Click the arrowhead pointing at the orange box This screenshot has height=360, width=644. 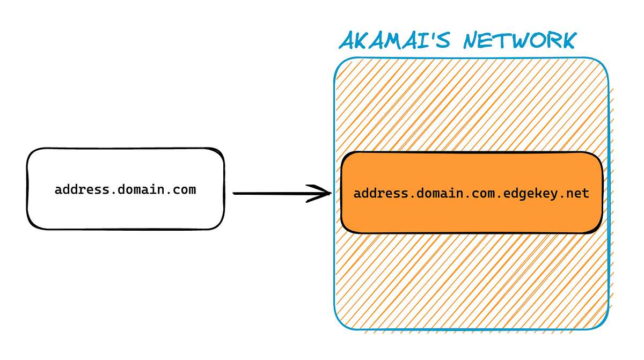click(x=324, y=193)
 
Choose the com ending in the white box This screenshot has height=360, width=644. click(x=186, y=189)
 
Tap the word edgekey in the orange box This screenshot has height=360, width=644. click(x=531, y=193)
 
